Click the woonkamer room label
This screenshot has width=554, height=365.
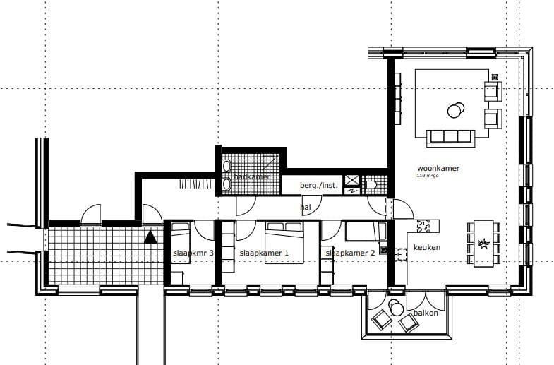click(438, 169)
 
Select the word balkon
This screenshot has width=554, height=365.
click(426, 312)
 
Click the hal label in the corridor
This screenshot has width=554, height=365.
click(305, 207)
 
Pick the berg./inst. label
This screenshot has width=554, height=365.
click(319, 186)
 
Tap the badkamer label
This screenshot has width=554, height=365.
click(253, 176)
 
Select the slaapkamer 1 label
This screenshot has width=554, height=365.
click(265, 253)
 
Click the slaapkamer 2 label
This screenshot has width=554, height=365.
click(350, 253)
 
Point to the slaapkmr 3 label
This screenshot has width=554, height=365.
click(193, 253)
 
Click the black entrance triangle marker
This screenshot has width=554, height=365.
click(150, 237)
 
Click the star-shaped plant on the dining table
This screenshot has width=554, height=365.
click(484, 244)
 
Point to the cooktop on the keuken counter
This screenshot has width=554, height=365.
click(426, 227)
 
